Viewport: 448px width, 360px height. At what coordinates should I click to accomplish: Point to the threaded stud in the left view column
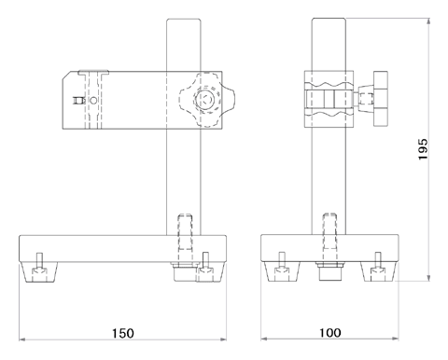[184, 231]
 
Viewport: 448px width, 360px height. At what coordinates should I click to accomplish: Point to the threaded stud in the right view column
[329, 231]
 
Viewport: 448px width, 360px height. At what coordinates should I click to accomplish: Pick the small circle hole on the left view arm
[78, 100]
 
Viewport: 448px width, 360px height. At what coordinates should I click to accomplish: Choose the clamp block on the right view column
[329, 99]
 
